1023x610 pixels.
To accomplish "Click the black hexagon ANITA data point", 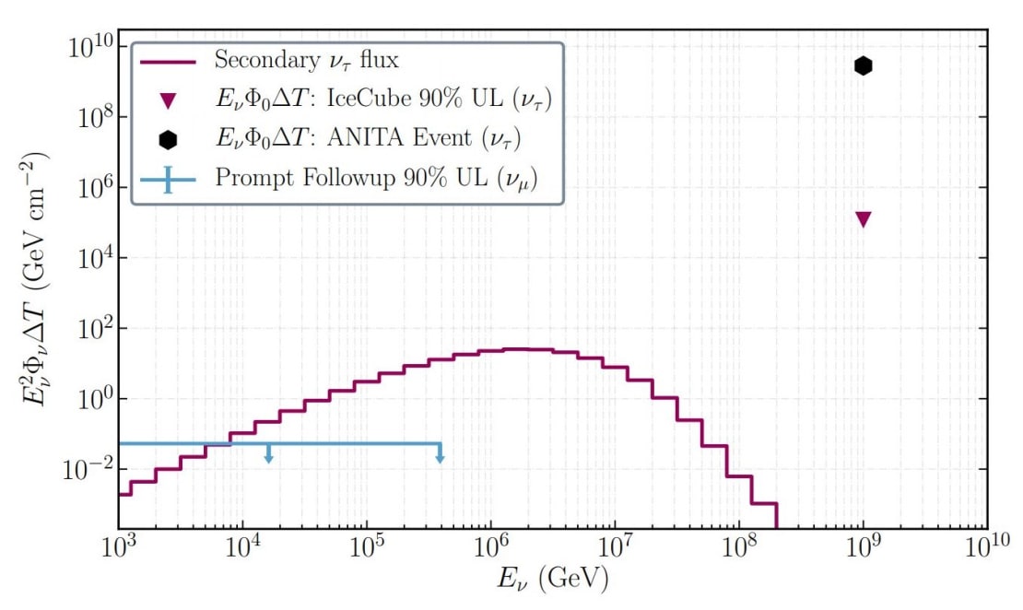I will [x=863, y=65].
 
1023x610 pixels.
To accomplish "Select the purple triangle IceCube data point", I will [x=863, y=218].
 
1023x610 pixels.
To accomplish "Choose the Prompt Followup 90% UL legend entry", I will [x=376, y=179].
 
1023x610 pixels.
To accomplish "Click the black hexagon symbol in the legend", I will [x=167, y=140].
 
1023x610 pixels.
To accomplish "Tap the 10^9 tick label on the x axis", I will [x=863, y=550].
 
